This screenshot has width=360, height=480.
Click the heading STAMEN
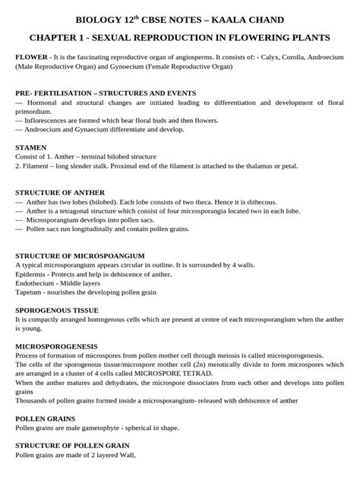31,147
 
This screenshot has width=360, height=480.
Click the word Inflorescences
51,120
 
